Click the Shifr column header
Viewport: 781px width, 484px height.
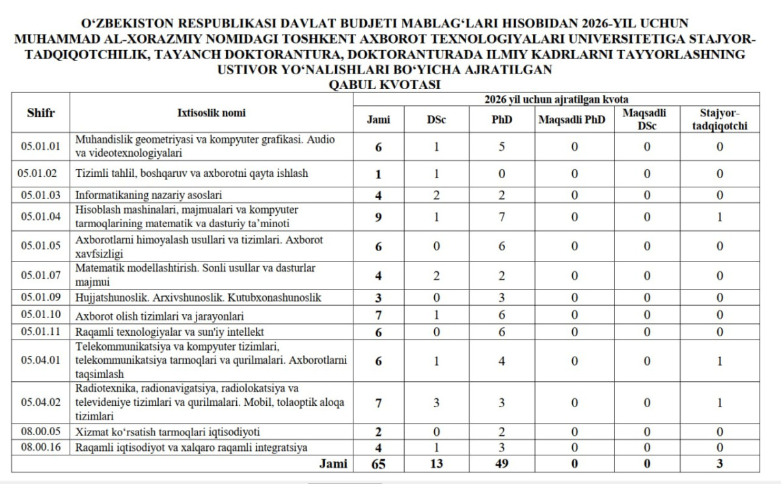41,113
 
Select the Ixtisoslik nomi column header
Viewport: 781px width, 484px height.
212,113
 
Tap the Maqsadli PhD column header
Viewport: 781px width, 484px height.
571,119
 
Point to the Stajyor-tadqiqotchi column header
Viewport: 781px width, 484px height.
719,119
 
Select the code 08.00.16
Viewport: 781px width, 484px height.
40,447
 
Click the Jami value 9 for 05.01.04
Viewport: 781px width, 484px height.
378,218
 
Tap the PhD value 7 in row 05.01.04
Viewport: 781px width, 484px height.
501,218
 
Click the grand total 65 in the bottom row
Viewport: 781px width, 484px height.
378,464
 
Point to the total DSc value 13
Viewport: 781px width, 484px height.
436,464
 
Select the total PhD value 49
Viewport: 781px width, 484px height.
501,464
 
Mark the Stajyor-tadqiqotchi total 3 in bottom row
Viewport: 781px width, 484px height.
719,464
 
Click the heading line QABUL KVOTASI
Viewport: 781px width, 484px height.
385,85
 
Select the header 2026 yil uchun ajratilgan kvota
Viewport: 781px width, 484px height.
556,99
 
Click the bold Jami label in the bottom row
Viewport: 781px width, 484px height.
333,464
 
